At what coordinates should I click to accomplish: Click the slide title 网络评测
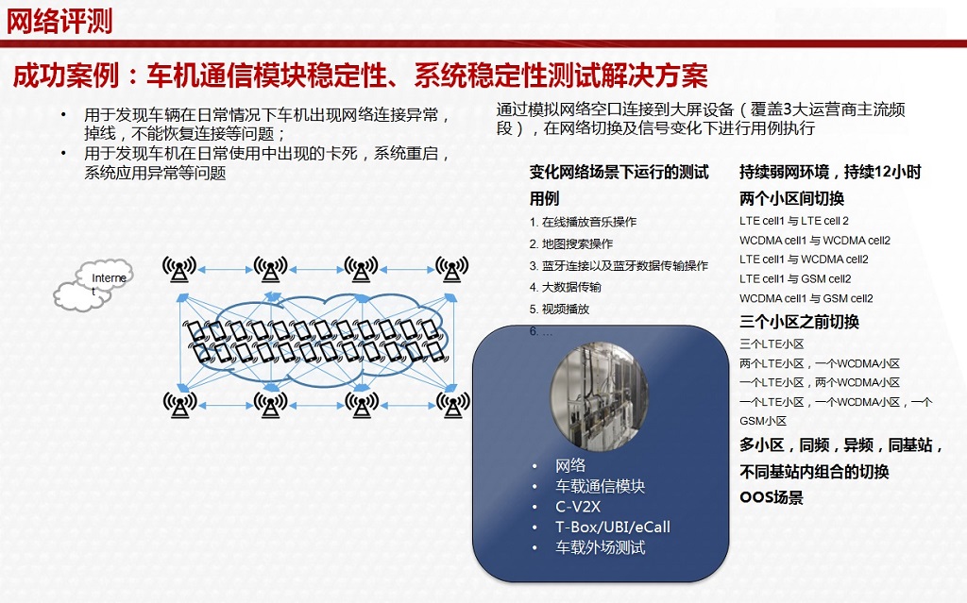(x=59, y=22)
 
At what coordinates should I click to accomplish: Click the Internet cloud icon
(x=93, y=285)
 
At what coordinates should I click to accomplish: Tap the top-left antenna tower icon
(x=179, y=269)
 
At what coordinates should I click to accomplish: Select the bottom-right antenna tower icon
(x=452, y=405)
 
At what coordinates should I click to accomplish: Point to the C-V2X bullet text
(x=578, y=507)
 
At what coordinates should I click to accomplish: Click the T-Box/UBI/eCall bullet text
(x=612, y=528)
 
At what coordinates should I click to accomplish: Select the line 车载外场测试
(x=600, y=547)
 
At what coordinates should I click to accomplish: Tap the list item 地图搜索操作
(x=571, y=244)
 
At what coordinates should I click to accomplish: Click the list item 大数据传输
(x=565, y=287)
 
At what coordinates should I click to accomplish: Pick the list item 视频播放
(x=559, y=310)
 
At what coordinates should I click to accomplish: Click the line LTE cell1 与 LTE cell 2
(x=794, y=221)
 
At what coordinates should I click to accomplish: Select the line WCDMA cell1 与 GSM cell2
(x=806, y=298)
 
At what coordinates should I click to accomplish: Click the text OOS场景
(x=772, y=497)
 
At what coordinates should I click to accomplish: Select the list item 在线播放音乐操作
(x=583, y=222)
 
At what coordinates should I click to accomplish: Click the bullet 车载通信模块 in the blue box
(x=600, y=487)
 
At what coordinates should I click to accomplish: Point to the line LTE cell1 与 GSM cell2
(x=795, y=279)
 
